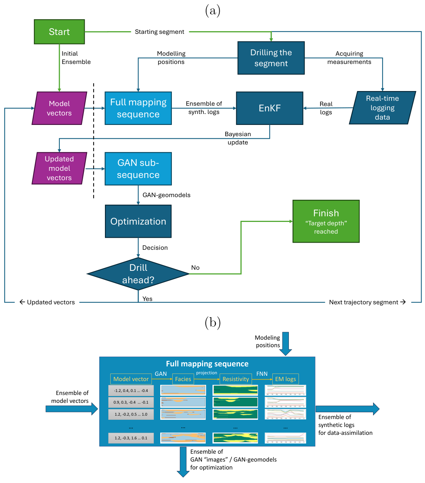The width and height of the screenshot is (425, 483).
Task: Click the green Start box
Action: click(59, 32)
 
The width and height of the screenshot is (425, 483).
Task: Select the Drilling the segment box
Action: click(271, 58)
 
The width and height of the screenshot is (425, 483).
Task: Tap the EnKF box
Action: click(269, 108)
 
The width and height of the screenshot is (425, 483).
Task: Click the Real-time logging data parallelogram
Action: click(382, 108)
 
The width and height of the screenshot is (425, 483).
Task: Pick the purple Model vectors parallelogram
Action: click(59, 108)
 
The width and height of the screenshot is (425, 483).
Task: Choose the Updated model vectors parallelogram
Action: click(59, 169)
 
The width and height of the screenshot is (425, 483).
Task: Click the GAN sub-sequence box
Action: click(138, 169)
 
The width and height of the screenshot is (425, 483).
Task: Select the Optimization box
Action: click(138, 222)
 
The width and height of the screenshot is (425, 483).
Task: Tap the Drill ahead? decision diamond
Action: click(138, 274)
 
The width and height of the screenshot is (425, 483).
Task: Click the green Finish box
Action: click(326, 221)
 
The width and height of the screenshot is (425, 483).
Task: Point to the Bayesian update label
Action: click(238, 138)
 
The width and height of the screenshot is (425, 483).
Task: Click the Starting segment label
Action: click(159, 32)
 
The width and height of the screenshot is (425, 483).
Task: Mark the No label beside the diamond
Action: click(195, 267)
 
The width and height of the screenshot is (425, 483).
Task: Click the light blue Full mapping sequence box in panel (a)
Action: click(138, 108)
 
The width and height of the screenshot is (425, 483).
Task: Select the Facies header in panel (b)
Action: click(183, 379)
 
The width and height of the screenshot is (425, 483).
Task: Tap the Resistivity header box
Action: click(235, 379)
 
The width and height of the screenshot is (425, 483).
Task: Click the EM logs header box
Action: click(285, 379)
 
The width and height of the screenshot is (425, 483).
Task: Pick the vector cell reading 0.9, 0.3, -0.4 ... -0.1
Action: click(131, 402)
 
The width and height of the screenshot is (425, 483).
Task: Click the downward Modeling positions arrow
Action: click(285, 343)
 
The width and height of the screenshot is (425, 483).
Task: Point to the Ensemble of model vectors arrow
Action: click(71, 409)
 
